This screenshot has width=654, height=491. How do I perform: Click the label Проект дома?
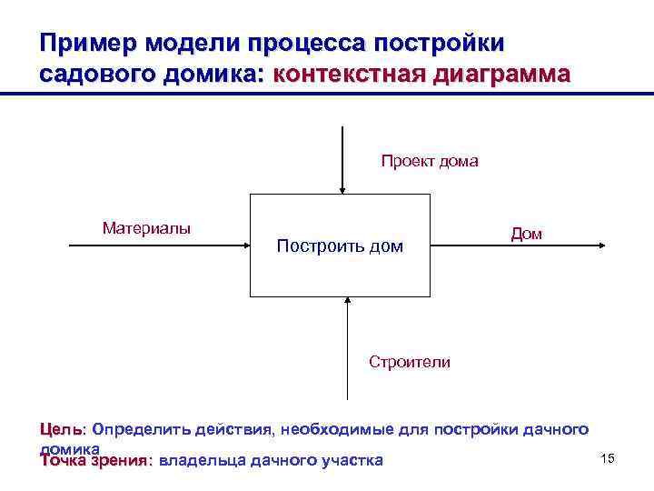(429, 162)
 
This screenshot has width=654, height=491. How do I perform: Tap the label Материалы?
(146, 227)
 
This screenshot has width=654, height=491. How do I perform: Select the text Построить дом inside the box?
(340, 246)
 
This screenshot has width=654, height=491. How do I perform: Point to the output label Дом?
(527, 234)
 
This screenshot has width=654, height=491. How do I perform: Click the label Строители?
(410, 362)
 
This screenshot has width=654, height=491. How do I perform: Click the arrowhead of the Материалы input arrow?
(245, 245)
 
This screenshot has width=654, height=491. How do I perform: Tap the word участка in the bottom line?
(352, 460)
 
